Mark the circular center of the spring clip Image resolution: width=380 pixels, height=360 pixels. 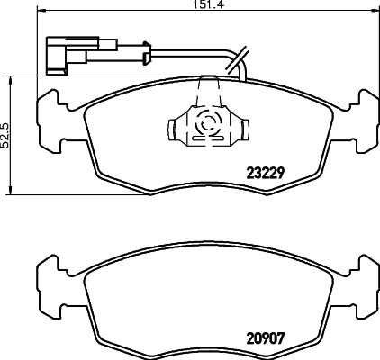[207, 125]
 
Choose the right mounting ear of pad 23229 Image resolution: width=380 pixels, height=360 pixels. [363, 117]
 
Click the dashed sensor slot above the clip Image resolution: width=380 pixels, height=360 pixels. [207, 91]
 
